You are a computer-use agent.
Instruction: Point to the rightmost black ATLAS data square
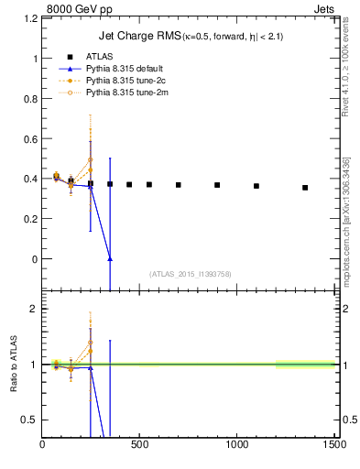pos(305,188)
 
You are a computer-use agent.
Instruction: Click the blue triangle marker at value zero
pos(110,259)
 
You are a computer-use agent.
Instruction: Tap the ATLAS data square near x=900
pos(217,185)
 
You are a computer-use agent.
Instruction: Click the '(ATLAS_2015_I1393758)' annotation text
pos(189,273)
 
